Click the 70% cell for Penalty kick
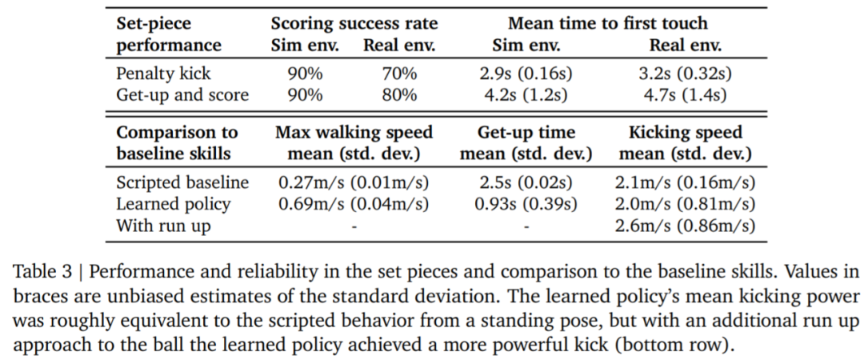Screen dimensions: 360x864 [x=399, y=74]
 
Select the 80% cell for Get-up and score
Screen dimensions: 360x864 [x=399, y=95]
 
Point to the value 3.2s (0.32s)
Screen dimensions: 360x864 [x=687, y=74]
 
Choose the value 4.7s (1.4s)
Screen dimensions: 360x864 [x=687, y=95]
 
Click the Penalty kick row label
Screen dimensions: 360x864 [x=163, y=74]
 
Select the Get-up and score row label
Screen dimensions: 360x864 [x=182, y=95]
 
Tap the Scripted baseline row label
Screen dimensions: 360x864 [x=182, y=182]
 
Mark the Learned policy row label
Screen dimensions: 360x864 [x=174, y=204]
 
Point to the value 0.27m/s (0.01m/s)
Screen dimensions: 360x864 [x=354, y=182]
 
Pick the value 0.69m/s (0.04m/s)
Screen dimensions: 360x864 [x=354, y=204]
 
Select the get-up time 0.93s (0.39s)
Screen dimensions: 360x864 [x=526, y=204]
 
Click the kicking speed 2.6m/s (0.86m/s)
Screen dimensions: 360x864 [x=686, y=226]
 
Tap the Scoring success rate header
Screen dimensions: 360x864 [x=352, y=24]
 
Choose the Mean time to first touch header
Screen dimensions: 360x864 [x=606, y=24]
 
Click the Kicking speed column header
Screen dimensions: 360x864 [x=686, y=132]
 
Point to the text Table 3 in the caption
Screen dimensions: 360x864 [x=38, y=272]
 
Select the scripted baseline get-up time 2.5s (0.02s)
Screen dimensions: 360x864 [x=526, y=182]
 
